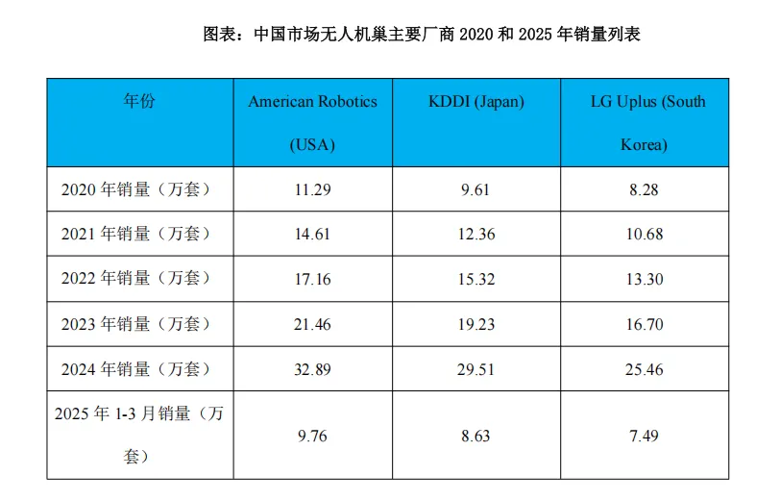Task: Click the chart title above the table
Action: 422,35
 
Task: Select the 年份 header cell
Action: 139,102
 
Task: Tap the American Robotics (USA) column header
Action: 312,123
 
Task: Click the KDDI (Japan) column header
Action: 475,102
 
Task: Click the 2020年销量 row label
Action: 135,189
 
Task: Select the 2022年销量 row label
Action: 135,279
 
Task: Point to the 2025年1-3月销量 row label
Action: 139,435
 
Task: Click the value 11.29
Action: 312,189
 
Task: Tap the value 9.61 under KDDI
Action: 475,189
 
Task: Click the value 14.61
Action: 312,234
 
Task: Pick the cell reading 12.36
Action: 475,234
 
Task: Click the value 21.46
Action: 312,324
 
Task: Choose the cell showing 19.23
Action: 475,324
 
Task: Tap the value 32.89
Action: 312,368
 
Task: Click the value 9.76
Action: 312,436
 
